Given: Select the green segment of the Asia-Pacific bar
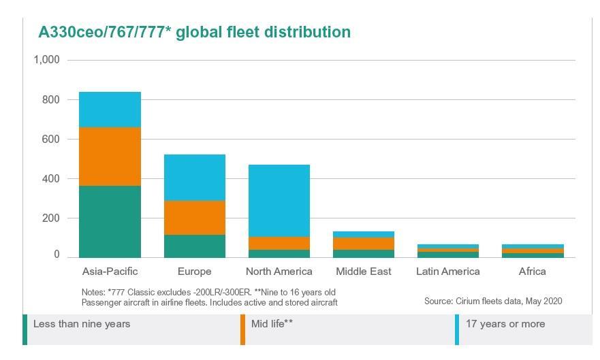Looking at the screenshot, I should click(110, 221).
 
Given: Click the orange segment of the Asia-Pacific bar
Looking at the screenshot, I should click(110, 157).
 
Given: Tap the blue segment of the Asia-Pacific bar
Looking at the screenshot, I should click(110, 110).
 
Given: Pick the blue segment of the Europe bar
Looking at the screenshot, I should click(194, 178).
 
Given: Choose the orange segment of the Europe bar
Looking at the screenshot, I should click(194, 218).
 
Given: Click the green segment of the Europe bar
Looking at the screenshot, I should click(194, 246).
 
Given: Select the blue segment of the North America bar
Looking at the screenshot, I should click(279, 201).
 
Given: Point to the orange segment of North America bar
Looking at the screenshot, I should click(279, 243).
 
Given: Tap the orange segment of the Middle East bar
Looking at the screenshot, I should click(363, 244).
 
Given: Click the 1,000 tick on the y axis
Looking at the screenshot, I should click(46, 60).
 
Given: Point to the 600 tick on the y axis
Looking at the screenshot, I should click(50, 139).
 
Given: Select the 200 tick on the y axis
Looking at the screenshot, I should click(50, 218).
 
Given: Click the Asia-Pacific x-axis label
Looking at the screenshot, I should click(110, 272).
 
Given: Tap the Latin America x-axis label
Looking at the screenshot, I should click(447, 272).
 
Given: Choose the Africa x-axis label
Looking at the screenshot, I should click(532, 272).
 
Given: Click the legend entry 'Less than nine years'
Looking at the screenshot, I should click(82, 324).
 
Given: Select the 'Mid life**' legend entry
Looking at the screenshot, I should click(272, 324).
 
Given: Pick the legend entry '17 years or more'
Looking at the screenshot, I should click(505, 324).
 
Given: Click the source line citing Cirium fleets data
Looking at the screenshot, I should click(493, 301).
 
